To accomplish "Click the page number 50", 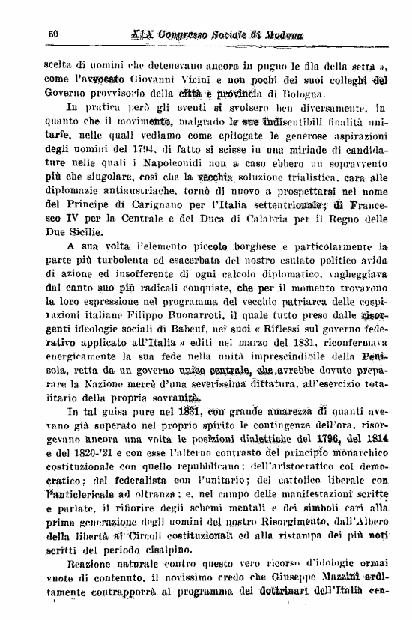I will click(x=53, y=33).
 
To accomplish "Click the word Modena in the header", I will click(x=282, y=34).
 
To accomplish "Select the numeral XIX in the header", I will click(x=142, y=34).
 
